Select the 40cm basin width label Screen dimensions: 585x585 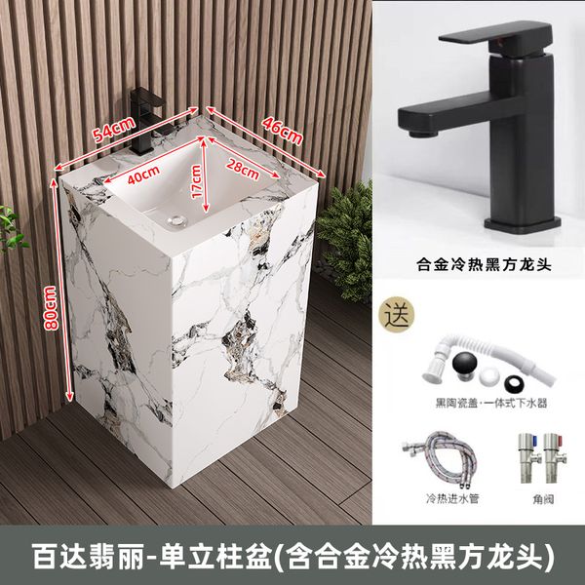tap(144, 175)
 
